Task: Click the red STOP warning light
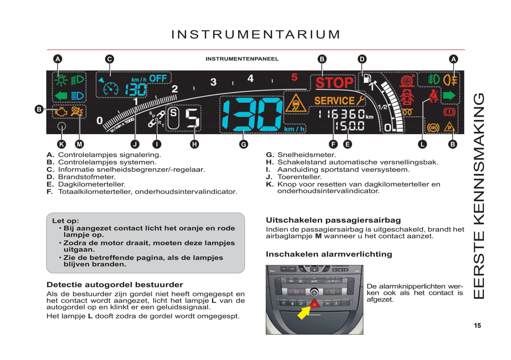click(x=334, y=83)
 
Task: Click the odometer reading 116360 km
click(x=345, y=115)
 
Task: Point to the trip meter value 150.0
click(x=350, y=126)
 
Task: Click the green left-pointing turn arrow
click(x=61, y=95)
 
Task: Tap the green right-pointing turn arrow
click(x=449, y=95)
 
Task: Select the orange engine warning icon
click(x=61, y=112)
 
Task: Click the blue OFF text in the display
click(x=158, y=79)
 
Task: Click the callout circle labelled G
click(x=243, y=144)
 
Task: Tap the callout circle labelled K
click(x=62, y=144)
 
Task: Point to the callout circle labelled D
click(x=362, y=59)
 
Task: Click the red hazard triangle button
click(x=315, y=303)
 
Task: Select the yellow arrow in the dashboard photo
click(x=303, y=313)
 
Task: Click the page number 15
click(x=477, y=326)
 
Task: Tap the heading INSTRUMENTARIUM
click(x=256, y=35)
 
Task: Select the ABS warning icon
click(x=433, y=127)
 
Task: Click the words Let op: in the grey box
click(x=65, y=221)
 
